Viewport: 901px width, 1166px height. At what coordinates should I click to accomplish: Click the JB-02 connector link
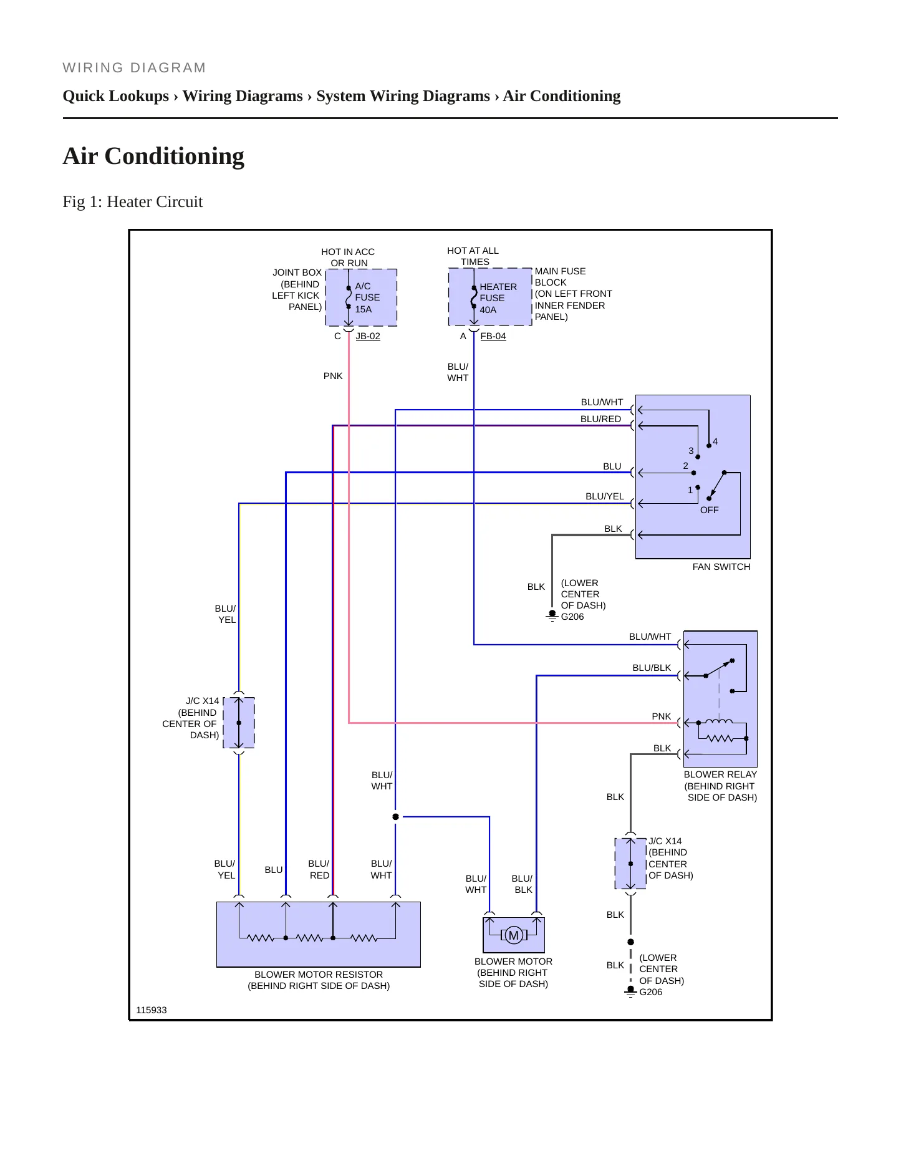coord(368,336)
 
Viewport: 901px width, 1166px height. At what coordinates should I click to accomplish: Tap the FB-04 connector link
coord(493,336)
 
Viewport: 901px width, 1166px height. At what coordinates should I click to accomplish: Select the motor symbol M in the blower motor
coord(514,935)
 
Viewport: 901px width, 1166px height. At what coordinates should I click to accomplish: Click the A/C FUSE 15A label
coord(367,297)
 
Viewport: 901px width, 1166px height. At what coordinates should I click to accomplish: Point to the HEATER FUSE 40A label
coord(498,298)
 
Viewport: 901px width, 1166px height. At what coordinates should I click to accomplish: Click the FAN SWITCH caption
coord(721,567)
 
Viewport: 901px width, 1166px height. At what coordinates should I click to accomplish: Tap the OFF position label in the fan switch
coord(710,510)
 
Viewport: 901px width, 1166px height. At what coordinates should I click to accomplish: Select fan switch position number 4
coord(715,441)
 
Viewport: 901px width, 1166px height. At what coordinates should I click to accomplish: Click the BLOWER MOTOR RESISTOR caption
coord(319,975)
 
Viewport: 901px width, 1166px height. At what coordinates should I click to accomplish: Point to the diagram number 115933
coord(152,1010)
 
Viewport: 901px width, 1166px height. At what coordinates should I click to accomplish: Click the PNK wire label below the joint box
coord(333,376)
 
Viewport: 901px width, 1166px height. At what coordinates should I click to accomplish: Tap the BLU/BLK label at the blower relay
coord(652,668)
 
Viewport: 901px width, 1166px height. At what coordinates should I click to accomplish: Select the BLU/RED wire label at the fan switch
coord(600,419)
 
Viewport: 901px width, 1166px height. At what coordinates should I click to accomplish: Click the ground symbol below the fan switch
coord(552,616)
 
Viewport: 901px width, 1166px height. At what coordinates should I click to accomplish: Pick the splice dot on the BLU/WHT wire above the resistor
coord(395,817)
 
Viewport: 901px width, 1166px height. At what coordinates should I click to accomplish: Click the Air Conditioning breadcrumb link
coord(562,96)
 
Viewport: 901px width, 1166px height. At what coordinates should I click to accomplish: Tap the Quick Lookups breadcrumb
coord(116,96)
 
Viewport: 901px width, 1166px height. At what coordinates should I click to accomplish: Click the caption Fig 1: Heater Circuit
coord(133,201)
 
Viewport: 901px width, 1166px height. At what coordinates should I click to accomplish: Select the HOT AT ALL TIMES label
coord(473,256)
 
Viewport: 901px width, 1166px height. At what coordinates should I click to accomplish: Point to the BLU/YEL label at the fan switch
coord(605,496)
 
